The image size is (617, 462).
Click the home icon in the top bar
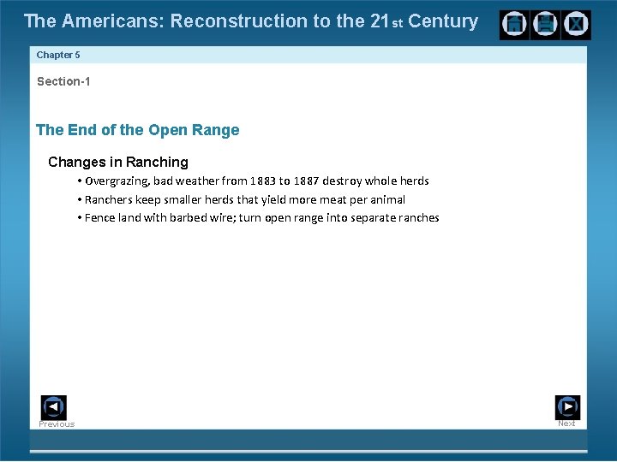[515, 25]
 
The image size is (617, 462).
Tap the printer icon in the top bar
[545, 25]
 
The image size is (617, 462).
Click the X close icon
[575, 25]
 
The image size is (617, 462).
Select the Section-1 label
[63, 81]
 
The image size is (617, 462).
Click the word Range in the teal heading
[218, 130]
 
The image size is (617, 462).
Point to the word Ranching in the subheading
[157, 162]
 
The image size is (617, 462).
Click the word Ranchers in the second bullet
[109, 199]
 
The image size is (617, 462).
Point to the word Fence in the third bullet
[99, 217]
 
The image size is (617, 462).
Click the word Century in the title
[443, 21]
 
